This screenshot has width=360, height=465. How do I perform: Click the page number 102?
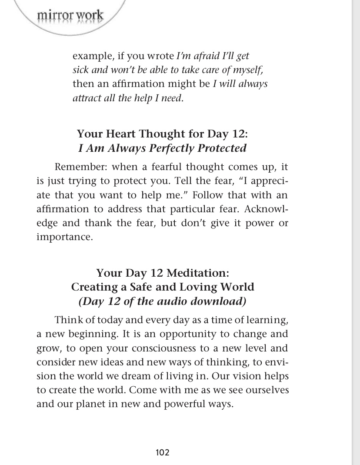click(x=162, y=452)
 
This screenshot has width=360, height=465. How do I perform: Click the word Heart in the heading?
click(x=126, y=134)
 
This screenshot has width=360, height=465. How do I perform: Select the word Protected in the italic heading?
click(x=222, y=148)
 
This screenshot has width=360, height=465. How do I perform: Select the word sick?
click(x=80, y=70)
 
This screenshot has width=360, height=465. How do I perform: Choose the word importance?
click(x=64, y=238)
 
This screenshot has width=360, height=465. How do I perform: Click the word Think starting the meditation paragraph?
click(x=69, y=320)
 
